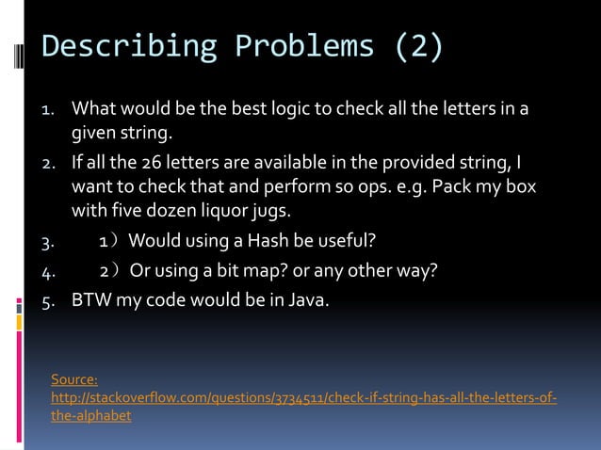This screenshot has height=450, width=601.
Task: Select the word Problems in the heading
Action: pyautogui.click(x=298, y=46)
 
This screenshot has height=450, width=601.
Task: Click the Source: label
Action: pyautogui.click(x=74, y=379)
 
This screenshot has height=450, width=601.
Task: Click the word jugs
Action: pyautogui.click(x=255, y=209)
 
